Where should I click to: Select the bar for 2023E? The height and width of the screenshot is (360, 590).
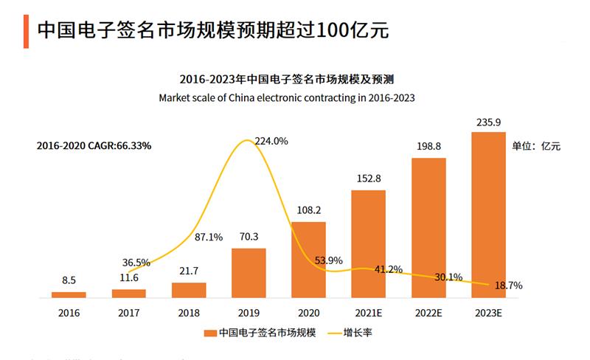[x=488, y=215]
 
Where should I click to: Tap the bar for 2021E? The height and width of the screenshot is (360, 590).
[x=368, y=244]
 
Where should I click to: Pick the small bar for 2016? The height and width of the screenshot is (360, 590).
[x=69, y=295]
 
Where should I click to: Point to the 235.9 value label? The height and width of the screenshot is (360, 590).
[x=488, y=122]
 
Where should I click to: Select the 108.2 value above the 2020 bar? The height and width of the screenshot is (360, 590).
[x=308, y=210]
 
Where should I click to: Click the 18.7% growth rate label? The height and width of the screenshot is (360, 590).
[x=509, y=285]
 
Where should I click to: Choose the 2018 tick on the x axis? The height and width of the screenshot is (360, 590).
[x=189, y=313]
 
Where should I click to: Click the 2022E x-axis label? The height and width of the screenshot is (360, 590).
[x=428, y=313]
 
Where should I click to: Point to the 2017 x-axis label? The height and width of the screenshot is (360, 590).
[x=128, y=313]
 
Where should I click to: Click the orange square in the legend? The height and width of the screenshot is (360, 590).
[x=212, y=333]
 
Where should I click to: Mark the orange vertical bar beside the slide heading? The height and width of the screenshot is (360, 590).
[x=26, y=31]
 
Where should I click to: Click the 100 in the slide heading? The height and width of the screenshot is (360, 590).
[x=335, y=30]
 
